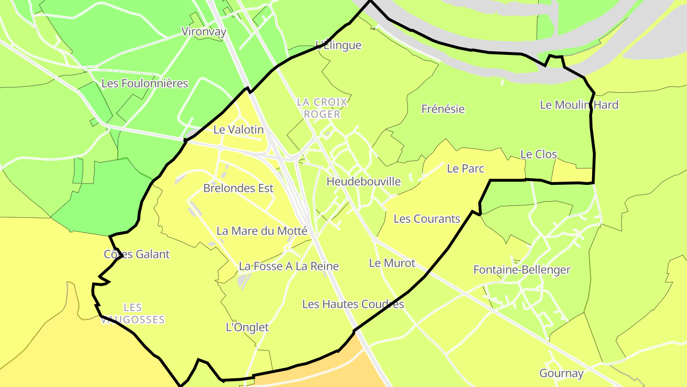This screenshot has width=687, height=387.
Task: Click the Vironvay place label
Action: pyautogui.click(x=204, y=32)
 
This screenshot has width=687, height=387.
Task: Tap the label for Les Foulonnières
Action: pyautogui.click(x=145, y=84)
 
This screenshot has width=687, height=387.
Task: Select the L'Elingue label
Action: pyautogui.click(x=339, y=45)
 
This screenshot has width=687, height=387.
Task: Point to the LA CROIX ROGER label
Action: pyautogui.click(x=322, y=108)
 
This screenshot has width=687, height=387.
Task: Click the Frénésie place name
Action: pyautogui.click(x=443, y=109)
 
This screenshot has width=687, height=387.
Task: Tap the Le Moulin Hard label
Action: pyautogui.click(x=579, y=105)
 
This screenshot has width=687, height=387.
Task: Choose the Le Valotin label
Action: pyautogui.click(x=238, y=129)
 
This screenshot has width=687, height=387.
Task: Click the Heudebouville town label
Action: pyautogui.click(x=364, y=182)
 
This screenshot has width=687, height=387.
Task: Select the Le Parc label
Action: pyautogui.click(x=465, y=169)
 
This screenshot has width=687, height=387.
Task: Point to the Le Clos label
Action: pyautogui.click(x=539, y=154)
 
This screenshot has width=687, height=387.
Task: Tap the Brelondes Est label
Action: pyautogui.click(x=238, y=188)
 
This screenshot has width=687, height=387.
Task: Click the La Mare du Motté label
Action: pyautogui.click(x=261, y=231)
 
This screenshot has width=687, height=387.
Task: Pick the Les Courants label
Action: pyautogui.click(x=427, y=219)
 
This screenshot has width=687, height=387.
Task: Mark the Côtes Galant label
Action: pyautogui.click(x=136, y=254)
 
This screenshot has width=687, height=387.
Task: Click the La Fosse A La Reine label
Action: pyautogui.click(x=289, y=267)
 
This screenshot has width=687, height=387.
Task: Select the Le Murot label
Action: pyautogui.click(x=392, y=263)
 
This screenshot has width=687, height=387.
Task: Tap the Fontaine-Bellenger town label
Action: pyautogui.click(x=521, y=270)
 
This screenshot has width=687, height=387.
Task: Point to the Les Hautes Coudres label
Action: pyautogui.click(x=353, y=304)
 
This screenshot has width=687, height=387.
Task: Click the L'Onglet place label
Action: pyautogui.click(x=247, y=327)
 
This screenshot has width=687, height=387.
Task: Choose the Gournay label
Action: pyautogui.click(x=561, y=373)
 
